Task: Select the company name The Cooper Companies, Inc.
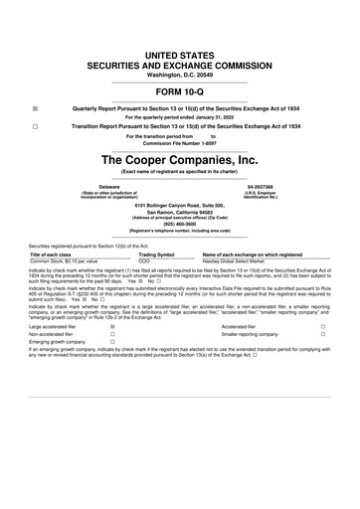[x=180, y=159]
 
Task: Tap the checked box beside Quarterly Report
[x=35, y=108]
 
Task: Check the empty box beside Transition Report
[x=35, y=126]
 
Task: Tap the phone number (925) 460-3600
[x=180, y=223]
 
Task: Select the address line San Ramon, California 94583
[x=180, y=211]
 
